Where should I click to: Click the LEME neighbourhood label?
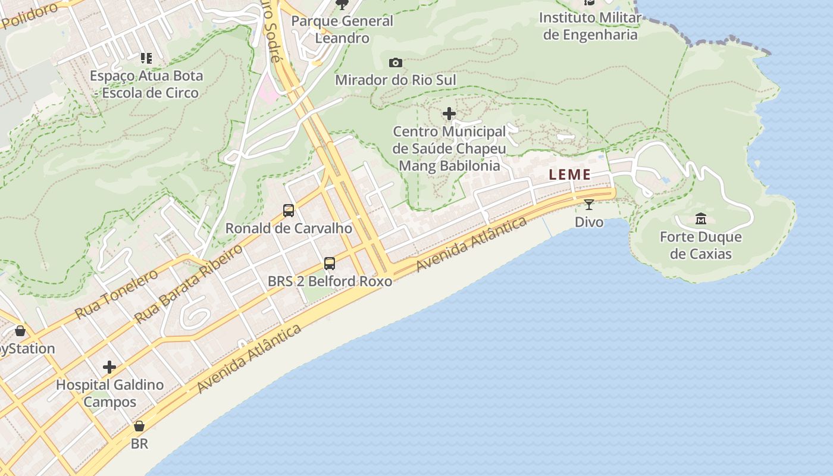[x=570, y=175]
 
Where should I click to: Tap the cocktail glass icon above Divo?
[x=589, y=205]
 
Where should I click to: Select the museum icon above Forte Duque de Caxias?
[x=700, y=219]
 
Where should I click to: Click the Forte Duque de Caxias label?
[x=700, y=246]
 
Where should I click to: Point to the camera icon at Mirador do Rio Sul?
[x=395, y=62]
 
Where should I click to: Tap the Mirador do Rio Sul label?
[x=396, y=80]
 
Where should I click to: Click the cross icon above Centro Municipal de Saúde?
[x=449, y=114]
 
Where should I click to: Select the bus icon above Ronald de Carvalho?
[x=289, y=210]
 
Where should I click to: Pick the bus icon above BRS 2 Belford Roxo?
[x=329, y=263]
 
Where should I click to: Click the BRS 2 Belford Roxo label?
[x=330, y=281]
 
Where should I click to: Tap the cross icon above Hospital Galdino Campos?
[x=109, y=367]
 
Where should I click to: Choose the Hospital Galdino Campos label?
[x=109, y=393]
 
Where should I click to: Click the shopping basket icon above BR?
[x=139, y=426]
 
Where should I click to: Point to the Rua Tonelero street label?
[x=117, y=293]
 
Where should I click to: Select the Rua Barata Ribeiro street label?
[x=189, y=283]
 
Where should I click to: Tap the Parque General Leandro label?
[x=342, y=29]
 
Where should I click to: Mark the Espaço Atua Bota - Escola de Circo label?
[x=146, y=84]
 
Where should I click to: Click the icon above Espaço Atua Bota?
[x=146, y=58]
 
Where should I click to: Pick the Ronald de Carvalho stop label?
[x=289, y=228]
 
